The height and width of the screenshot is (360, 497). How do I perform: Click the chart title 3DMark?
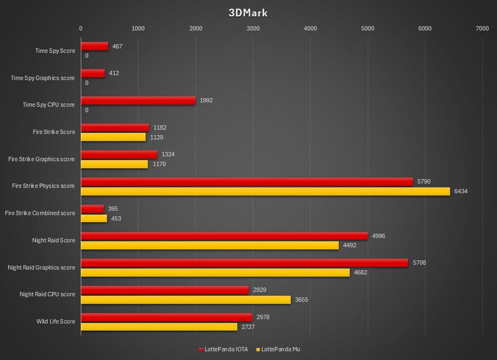point(248,12)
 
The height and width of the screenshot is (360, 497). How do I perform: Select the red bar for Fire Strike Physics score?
point(247,181)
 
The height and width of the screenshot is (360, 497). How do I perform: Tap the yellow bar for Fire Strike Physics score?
point(265,191)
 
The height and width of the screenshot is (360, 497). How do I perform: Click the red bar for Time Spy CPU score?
point(138,100)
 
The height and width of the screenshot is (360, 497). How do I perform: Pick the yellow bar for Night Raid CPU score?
point(186,300)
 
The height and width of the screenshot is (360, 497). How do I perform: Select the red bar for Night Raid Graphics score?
point(244,263)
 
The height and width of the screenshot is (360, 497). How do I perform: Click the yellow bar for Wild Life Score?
point(159,326)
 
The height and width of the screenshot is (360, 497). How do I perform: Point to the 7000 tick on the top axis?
point(482,28)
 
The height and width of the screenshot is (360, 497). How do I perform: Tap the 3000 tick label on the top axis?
point(253,28)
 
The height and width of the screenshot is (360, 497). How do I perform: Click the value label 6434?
point(460,191)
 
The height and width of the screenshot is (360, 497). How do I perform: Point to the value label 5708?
point(419,263)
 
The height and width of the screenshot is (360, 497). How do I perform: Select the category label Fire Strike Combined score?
point(40,213)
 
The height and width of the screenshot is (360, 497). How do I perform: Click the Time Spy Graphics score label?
point(43,78)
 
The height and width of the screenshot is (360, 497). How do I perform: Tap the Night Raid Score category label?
point(53,240)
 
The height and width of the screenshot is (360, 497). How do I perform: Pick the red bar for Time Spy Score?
point(94,46)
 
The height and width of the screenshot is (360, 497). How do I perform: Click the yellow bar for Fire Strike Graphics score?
point(114,164)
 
